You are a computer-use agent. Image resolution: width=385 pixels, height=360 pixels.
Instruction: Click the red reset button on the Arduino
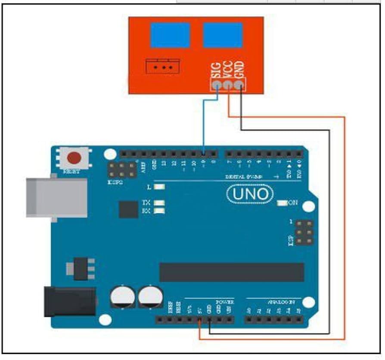click(x=74, y=158)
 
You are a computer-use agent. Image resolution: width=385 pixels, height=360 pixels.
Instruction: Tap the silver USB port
click(x=56, y=197)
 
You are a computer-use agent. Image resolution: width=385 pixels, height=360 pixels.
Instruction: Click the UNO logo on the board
click(x=250, y=194)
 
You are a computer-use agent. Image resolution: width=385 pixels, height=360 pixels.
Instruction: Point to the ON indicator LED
click(x=283, y=203)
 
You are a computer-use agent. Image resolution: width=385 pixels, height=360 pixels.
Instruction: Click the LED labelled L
click(x=159, y=188)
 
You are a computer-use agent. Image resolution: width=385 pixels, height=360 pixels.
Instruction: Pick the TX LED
click(x=159, y=203)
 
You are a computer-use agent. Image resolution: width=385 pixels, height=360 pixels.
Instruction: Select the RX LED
click(x=159, y=211)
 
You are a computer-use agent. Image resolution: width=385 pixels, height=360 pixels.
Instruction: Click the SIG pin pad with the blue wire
click(x=217, y=85)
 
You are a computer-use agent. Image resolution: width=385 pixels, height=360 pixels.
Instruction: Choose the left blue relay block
click(x=170, y=35)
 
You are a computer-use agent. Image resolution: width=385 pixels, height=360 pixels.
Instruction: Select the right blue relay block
click(x=223, y=35)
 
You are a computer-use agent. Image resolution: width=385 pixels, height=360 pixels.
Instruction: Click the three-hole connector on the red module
click(x=163, y=67)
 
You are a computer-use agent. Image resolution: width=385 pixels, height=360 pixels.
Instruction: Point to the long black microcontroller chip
click(x=232, y=272)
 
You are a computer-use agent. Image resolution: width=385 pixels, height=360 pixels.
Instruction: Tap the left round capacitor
click(x=121, y=297)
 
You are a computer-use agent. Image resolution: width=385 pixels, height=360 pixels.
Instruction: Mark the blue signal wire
click(x=204, y=125)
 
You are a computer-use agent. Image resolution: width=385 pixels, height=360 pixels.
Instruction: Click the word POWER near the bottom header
click(x=225, y=302)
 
